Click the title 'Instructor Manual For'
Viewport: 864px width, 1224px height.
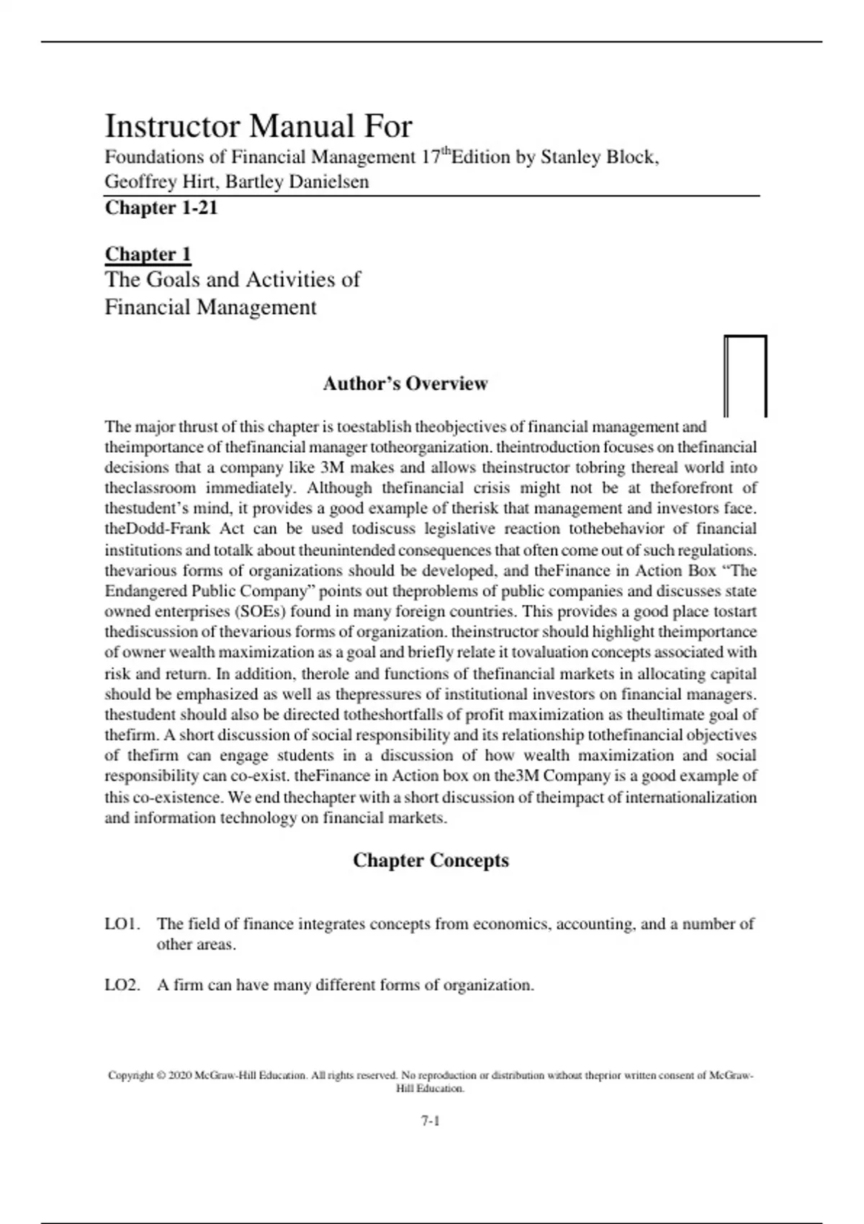258,127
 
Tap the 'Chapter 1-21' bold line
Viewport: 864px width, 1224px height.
161,208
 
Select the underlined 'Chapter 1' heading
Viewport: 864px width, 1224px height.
148,254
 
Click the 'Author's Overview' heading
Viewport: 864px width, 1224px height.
405,384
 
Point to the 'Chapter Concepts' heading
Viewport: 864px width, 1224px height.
431,861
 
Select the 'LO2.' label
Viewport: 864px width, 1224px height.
122,985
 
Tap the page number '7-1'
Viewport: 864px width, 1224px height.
431,1120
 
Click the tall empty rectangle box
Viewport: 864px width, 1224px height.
745,376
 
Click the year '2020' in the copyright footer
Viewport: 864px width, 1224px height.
180,1076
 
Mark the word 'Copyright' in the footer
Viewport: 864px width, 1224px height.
130,1076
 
